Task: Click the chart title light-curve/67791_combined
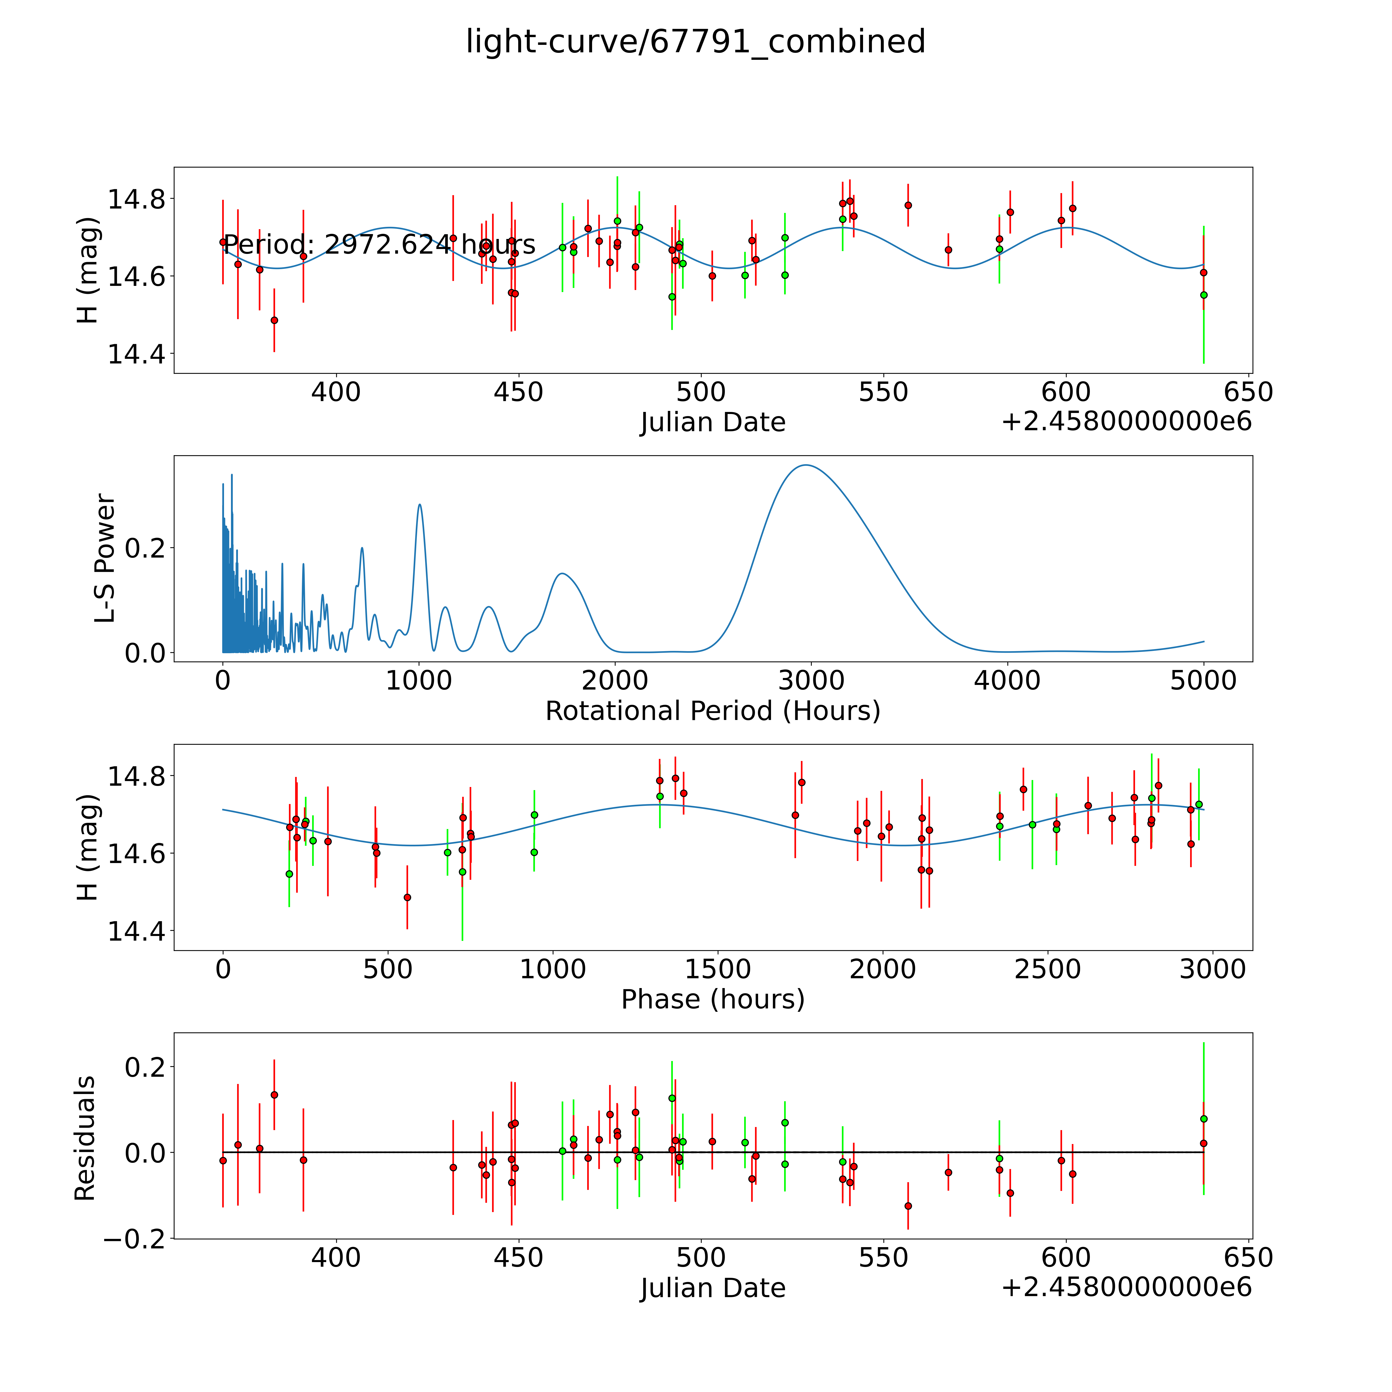(695, 42)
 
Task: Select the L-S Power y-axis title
(105, 558)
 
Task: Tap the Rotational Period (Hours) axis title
(712, 711)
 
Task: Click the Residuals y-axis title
(85, 1138)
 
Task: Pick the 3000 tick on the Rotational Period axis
(811, 681)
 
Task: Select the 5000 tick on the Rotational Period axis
(1203, 681)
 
